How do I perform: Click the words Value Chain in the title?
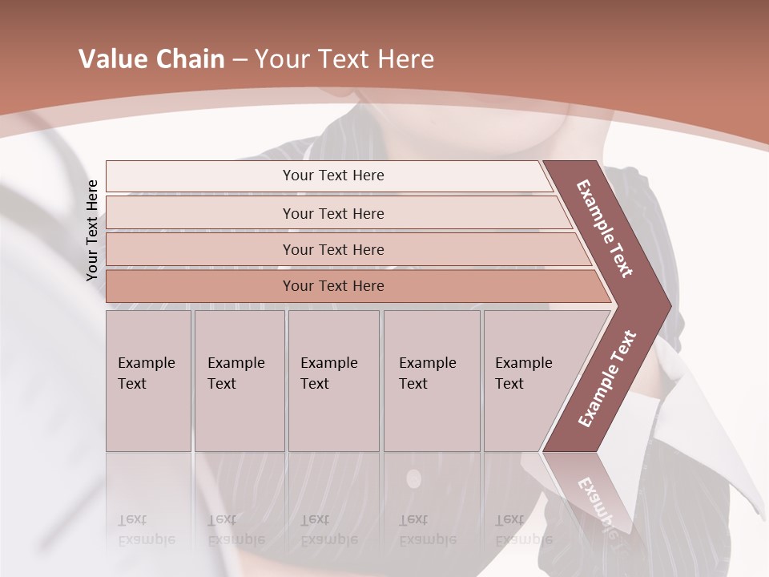pos(151,59)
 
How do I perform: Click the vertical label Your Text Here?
pos(92,230)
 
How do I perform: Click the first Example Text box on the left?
pos(148,381)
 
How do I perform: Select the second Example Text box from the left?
pos(239,381)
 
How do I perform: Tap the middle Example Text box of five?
pos(333,381)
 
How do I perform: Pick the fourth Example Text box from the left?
pos(432,381)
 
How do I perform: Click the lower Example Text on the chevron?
pos(607,378)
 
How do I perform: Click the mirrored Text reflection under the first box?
pos(132,519)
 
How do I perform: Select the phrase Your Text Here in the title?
pos(344,59)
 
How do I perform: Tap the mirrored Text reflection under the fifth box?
pos(509,519)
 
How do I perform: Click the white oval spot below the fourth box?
pos(413,479)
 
